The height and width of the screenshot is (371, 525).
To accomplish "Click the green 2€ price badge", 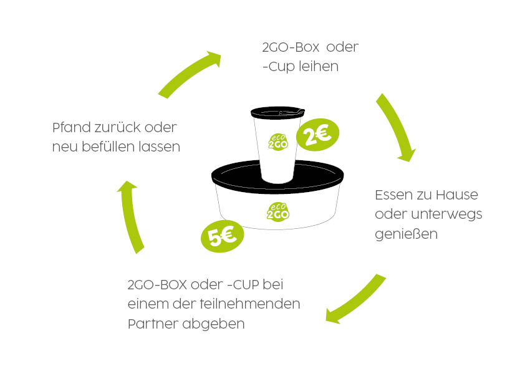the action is pyautogui.click(x=318, y=134).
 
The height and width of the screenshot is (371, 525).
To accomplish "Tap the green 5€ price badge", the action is pyautogui.click(x=223, y=236).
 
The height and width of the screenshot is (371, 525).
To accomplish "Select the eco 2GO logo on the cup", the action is pyautogui.click(x=278, y=142).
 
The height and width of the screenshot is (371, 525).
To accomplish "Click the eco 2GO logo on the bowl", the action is pyautogui.click(x=278, y=211).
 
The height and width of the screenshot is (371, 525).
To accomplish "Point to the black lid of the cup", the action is pyautogui.click(x=277, y=112).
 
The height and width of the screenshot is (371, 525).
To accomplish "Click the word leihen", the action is pyautogui.click(x=319, y=66).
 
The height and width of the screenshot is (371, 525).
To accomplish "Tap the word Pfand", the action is pyautogui.click(x=72, y=127).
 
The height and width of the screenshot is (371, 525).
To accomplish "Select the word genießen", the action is pyautogui.click(x=406, y=234).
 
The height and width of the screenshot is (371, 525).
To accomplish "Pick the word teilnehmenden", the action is pyautogui.click(x=250, y=304).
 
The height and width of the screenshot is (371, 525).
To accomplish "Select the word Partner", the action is pyautogui.click(x=153, y=324).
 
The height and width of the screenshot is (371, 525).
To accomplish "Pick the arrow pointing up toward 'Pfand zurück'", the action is pyautogui.click(x=131, y=216).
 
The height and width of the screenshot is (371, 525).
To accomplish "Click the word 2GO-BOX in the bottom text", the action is pyautogui.click(x=157, y=284).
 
